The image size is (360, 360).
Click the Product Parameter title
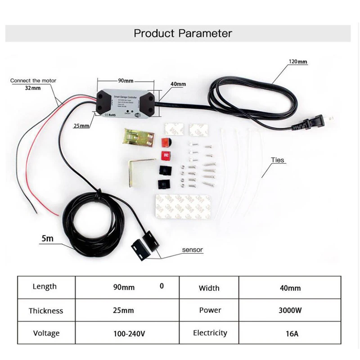[x=183, y=33]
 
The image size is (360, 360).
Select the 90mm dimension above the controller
[x=126, y=81]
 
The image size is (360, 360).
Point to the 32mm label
[x=32, y=88]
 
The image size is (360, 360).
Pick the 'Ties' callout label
[x=278, y=160]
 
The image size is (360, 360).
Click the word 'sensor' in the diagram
[x=193, y=249]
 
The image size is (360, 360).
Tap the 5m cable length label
[x=47, y=238]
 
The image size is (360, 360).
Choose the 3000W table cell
[x=289, y=310]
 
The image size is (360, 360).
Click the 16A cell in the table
[x=289, y=334]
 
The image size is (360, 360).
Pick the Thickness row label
[x=46, y=310]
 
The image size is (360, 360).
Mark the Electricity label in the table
[x=210, y=333]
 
